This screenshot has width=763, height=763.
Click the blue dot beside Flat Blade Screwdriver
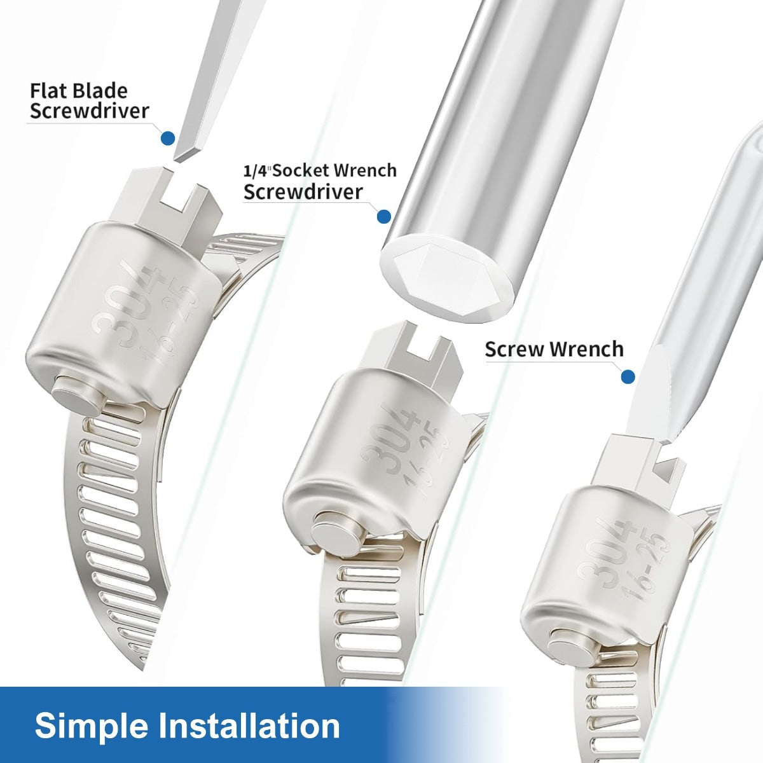168,138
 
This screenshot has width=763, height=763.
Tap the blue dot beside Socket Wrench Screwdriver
383,217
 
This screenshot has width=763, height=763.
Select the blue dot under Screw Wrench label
628,376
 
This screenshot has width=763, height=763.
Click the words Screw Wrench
554,350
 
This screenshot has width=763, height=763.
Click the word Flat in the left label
48,92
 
